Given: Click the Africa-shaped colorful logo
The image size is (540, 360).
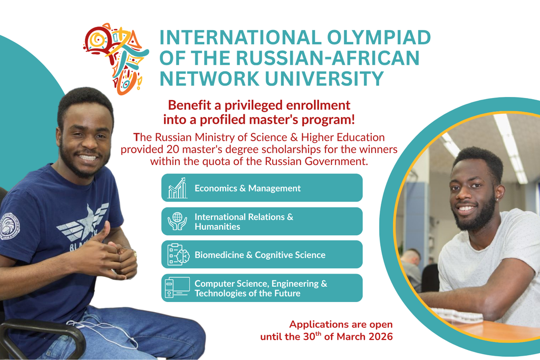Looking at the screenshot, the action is click(116, 59).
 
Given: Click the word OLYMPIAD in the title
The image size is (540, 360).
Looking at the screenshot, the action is click(379, 37).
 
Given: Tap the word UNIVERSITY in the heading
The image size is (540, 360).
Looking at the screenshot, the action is click(324, 78).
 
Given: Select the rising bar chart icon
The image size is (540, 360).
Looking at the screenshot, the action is click(177, 188).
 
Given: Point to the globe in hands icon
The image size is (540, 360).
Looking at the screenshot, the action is click(177, 221).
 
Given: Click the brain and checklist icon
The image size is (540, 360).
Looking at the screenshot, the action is click(178, 255).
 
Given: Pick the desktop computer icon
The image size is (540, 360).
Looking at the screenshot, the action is click(177, 287).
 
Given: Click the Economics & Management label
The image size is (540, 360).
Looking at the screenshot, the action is click(248, 188).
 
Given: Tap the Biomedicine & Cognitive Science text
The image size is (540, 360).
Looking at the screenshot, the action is click(260, 255).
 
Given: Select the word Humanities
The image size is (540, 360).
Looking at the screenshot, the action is click(217, 227).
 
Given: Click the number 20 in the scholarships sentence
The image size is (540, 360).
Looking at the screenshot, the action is click(172, 149).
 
